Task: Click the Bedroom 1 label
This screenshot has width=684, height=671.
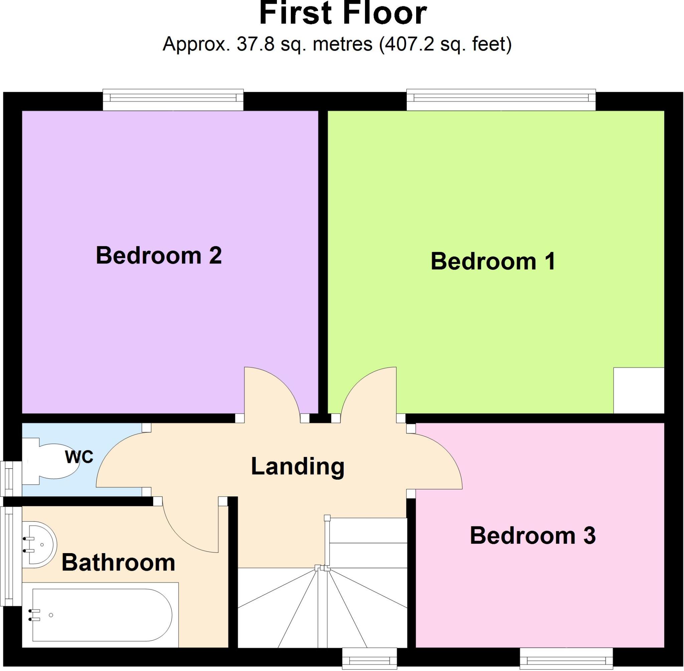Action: coord(493,262)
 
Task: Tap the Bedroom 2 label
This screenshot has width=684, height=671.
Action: coord(159,256)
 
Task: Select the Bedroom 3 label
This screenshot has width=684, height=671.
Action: coord(532,536)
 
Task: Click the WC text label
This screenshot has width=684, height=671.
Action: coord(79,457)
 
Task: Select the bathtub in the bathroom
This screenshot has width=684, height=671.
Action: coord(102,615)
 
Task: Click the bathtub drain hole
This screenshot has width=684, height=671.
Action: coord(51,615)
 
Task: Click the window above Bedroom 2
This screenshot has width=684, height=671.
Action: coord(173,100)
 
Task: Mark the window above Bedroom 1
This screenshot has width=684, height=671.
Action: coord(501,100)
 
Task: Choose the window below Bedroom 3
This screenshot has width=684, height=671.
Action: coord(566,659)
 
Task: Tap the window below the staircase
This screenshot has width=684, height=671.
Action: coord(369,659)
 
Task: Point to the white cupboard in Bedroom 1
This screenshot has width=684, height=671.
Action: coord(639,390)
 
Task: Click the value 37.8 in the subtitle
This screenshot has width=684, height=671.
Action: coord(255,45)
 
